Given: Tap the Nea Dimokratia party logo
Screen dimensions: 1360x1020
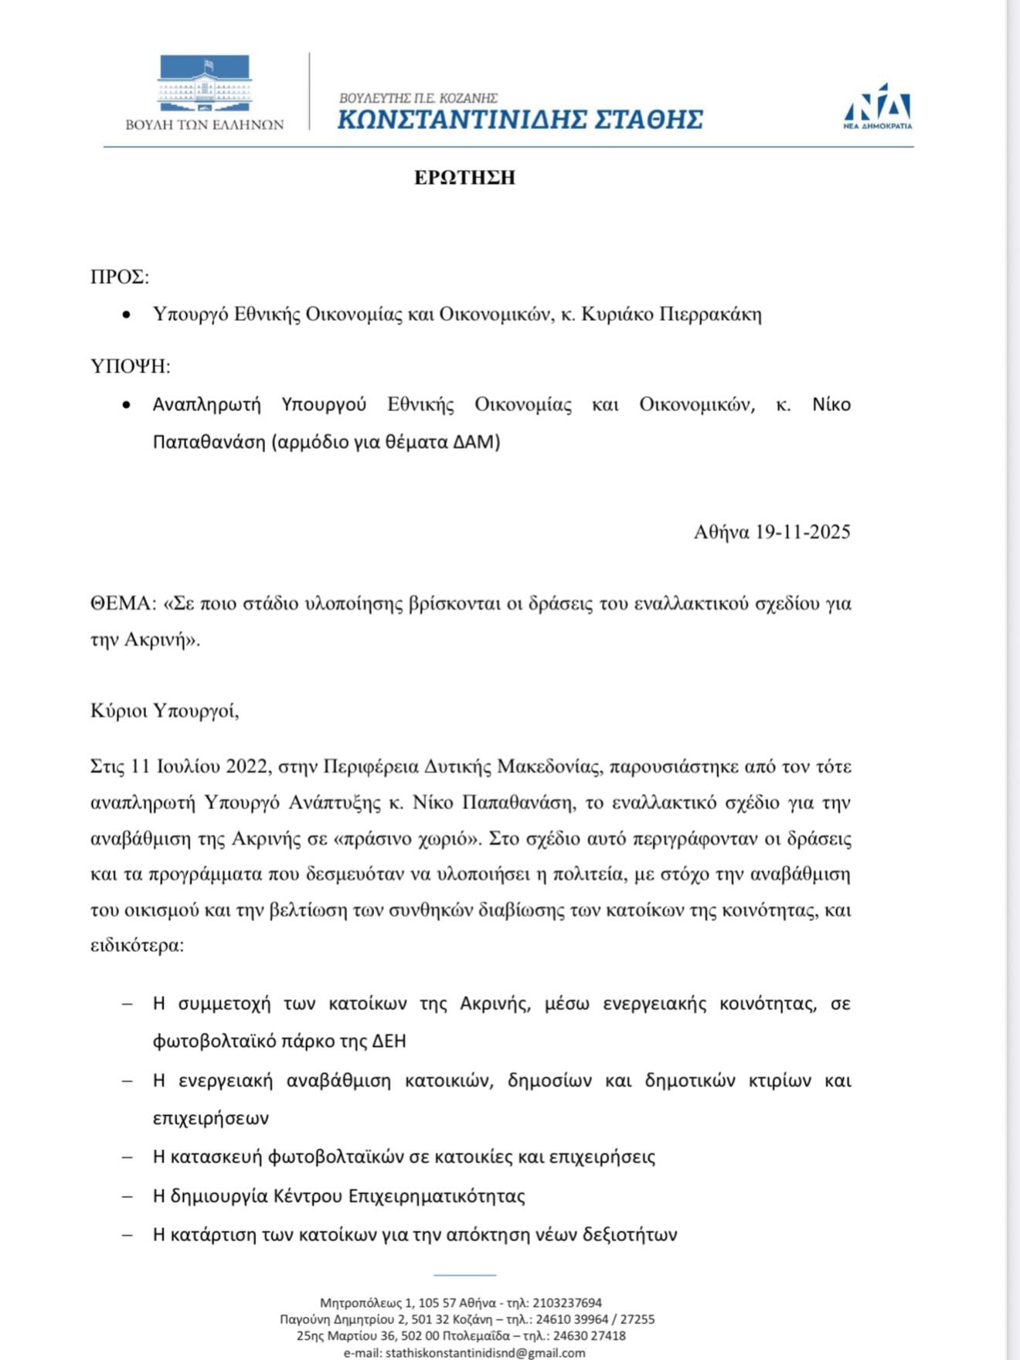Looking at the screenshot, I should point(877,106).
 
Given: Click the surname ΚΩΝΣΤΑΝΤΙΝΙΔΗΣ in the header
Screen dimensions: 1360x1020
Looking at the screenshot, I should point(454,120).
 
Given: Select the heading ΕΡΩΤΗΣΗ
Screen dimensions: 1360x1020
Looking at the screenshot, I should point(464,178).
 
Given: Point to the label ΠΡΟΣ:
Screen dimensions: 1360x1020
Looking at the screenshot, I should point(120,277).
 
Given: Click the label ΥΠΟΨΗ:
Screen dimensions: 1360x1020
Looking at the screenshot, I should point(130,366).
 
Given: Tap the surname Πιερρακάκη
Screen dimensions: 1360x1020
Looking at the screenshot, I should point(710,314).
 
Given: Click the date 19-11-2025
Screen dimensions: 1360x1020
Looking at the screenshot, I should point(803,532).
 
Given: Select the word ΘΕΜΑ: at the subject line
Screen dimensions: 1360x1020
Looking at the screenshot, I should point(124,603).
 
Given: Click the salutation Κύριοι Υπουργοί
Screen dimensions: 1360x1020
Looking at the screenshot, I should point(165,710).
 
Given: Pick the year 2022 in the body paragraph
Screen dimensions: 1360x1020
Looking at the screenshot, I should point(246,767).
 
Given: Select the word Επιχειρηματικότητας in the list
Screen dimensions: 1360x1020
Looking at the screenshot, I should point(437,1196).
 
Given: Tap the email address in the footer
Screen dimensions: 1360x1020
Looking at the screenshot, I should point(485,1353).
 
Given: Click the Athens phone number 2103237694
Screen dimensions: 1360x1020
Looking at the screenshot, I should point(567,1303).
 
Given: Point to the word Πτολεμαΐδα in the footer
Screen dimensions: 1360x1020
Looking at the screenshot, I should point(476,1336).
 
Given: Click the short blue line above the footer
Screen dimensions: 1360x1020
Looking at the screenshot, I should point(464,1275).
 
